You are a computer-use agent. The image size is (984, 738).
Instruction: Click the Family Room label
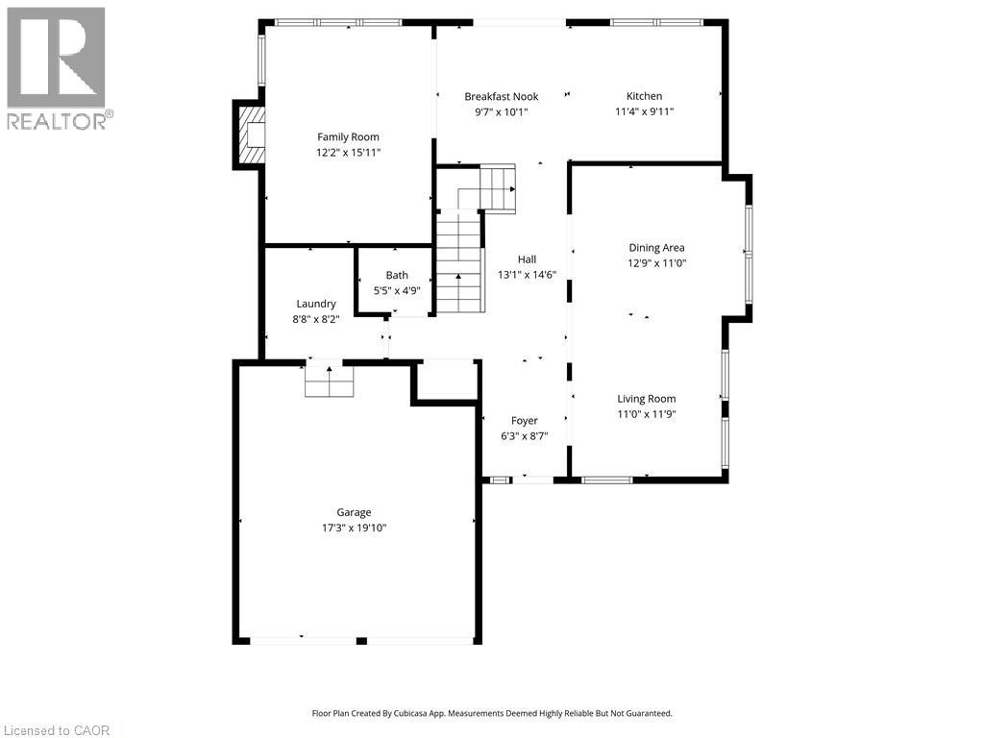(x=348, y=137)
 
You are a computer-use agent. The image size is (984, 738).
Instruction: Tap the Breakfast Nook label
(x=501, y=96)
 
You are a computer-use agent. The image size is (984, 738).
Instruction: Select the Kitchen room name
(x=644, y=96)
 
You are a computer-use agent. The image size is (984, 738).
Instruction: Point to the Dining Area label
(x=656, y=248)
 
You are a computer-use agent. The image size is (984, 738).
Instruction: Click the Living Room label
(x=646, y=399)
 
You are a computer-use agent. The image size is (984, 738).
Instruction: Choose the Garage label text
(x=354, y=512)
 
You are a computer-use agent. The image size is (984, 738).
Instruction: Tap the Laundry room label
(x=315, y=304)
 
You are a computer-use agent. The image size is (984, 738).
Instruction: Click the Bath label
(x=397, y=276)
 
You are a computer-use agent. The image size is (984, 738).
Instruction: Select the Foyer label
(x=524, y=421)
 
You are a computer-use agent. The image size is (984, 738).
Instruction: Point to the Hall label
(x=527, y=259)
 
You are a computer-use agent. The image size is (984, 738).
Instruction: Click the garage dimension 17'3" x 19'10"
(x=354, y=528)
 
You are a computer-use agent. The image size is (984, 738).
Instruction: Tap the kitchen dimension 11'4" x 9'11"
(x=644, y=111)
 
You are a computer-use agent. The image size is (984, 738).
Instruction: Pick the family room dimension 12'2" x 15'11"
(x=348, y=153)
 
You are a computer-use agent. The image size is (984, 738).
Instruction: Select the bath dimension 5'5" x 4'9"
(x=397, y=290)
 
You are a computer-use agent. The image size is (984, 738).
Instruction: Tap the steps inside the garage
(x=330, y=381)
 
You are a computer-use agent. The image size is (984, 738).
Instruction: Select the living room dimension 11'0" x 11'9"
(x=646, y=414)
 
